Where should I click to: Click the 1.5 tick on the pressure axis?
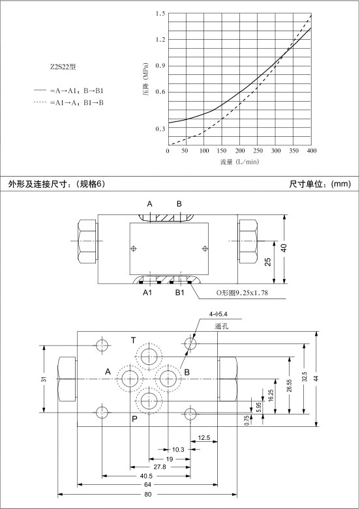coord(160,13)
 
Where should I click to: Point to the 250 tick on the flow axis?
coord(258,151)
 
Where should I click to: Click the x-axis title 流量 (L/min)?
coord(239,162)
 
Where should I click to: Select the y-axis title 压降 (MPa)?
coord(145,80)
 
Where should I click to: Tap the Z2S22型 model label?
coord(63,67)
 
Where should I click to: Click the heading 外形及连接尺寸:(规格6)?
coord(57,184)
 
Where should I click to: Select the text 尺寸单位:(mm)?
coord(320,184)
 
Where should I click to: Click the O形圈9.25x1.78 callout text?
coord(243,293)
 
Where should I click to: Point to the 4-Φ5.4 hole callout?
coord(218,314)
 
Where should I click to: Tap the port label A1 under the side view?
coord(147,293)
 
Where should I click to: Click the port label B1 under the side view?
coord(180,293)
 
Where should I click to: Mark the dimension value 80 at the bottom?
coord(148,495)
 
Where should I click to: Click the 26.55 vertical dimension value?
coord(289,385)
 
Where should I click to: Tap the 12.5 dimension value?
coord(204,438)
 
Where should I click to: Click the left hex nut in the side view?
coord(87,241)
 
